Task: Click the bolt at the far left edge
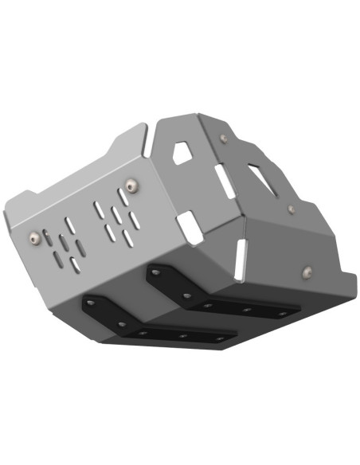33,237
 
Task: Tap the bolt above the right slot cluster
133,186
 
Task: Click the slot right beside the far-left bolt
48,236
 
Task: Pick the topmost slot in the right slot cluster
98,209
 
